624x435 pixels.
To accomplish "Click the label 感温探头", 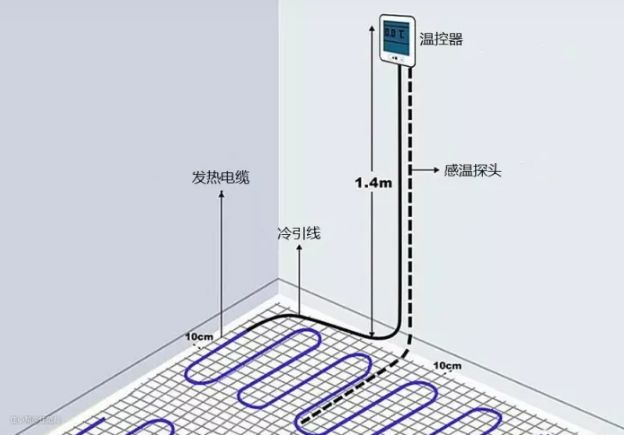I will click(473, 170).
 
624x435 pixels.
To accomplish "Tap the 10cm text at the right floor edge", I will click(448, 366).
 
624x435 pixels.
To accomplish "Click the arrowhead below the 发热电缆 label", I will click(222, 197).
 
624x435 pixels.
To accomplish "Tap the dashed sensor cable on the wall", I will click(412, 200).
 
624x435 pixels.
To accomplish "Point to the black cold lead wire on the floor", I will click(300, 320).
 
